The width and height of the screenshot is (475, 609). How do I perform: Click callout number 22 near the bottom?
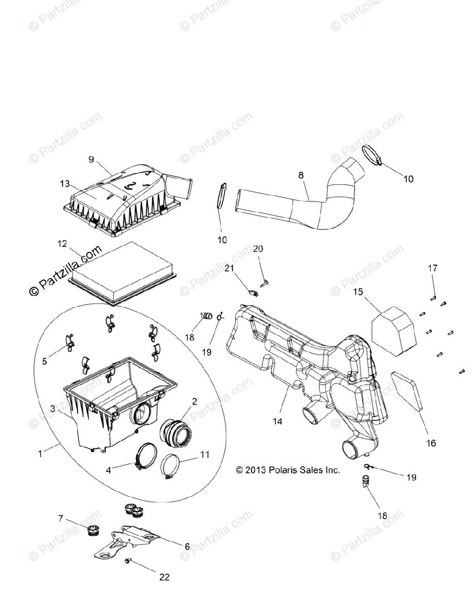pyautogui.click(x=164, y=577)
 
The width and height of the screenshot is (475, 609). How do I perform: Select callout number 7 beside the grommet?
pyautogui.click(x=61, y=518)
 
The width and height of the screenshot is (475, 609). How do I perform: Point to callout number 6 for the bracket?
pyautogui.click(x=187, y=546)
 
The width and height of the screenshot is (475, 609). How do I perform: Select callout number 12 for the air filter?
pyautogui.click(x=62, y=244)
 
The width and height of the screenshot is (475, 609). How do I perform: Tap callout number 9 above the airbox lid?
pyautogui.click(x=91, y=159)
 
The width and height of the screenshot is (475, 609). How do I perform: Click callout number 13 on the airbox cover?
pyautogui.click(x=64, y=184)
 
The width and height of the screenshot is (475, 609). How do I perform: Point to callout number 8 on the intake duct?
pyautogui.click(x=301, y=175)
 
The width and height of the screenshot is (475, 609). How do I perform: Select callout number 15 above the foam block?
pyautogui.click(x=358, y=292)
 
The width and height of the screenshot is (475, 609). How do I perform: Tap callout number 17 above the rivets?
pyautogui.click(x=432, y=268)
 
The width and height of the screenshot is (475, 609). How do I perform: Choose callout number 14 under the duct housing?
pyautogui.click(x=277, y=421)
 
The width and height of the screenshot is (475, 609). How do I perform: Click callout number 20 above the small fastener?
pyautogui.click(x=258, y=249)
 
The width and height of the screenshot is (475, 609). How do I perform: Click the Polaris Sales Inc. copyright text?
pyautogui.click(x=288, y=470)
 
